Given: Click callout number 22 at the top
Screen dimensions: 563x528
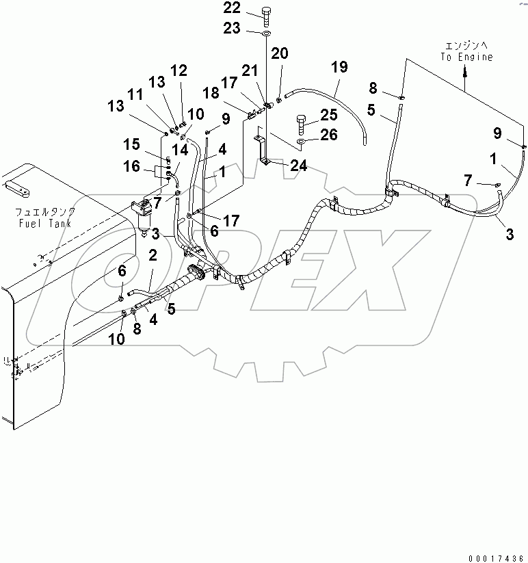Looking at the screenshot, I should (x=231, y=9).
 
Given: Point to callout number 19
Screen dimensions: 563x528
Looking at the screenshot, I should (x=340, y=67).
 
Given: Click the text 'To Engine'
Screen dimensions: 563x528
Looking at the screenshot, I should (x=466, y=57).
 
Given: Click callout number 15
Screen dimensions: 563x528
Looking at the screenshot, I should (x=131, y=144).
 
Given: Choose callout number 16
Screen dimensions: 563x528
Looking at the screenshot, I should (x=131, y=166).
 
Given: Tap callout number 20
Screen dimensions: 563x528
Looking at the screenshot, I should (x=281, y=54).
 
